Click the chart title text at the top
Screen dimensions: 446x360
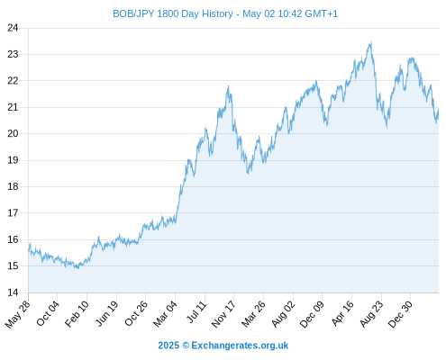225,13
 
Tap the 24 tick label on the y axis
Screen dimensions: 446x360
13,28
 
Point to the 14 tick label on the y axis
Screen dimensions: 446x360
13,292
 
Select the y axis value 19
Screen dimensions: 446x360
13,160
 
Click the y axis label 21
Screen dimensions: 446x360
13,107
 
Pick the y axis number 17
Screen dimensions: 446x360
13,213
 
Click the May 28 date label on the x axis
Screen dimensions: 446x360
18,314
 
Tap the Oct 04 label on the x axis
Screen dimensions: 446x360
48,313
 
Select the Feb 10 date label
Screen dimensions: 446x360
77,313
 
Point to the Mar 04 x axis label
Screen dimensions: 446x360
166,314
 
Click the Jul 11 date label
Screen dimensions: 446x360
197,312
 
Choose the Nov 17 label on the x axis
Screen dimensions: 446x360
223,314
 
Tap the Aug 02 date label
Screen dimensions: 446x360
284,314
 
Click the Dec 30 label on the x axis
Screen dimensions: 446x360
400,314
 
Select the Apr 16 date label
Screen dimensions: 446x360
343,313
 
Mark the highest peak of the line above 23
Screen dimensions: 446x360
371,42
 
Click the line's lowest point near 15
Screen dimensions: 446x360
77,268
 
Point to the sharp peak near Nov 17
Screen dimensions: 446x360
228,86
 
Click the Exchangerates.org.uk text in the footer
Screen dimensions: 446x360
240,346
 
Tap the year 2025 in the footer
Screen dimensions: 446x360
168,346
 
